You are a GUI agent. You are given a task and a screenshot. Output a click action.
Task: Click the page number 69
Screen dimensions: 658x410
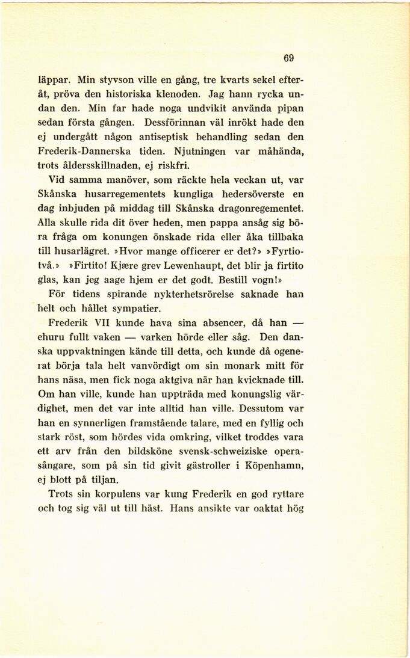[x=288, y=58]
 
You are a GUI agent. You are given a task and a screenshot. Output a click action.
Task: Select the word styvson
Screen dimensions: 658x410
[x=119, y=79]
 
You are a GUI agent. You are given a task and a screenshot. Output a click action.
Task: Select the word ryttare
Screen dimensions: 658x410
[x=282, y=494]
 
